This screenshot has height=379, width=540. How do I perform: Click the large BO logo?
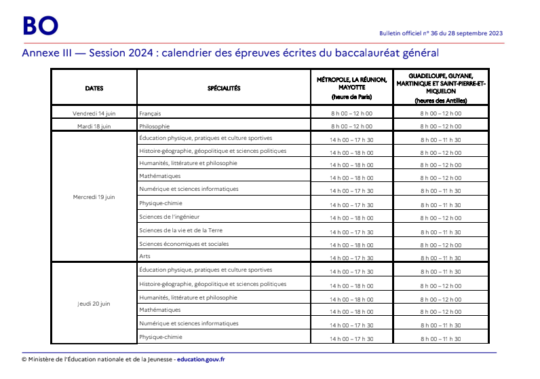(40, 25)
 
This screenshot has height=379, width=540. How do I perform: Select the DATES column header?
(94, 88)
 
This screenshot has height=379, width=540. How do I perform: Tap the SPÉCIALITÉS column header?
(224, 88)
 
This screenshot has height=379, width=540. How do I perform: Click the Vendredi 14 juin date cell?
(94, 113)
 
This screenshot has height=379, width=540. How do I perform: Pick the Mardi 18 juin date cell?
(94, 126)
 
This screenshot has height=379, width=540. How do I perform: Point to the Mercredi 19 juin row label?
(94, 197)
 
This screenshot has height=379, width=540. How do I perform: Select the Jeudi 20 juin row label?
(94, 304)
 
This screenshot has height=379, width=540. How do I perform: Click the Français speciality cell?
(150, 113)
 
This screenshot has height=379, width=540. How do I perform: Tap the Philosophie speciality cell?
(154, 126)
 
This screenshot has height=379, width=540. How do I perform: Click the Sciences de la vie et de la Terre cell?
(180, 230)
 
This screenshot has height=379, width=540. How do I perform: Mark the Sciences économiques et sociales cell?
(184, 244)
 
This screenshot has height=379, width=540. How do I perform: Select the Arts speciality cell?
(144, 256)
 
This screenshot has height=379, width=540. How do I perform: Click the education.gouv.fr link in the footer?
(201, 359)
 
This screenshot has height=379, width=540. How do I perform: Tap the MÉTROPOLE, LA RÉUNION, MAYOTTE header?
(351, 84)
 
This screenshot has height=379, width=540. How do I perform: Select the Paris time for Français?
(351, 113)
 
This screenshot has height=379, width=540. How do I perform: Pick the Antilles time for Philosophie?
(440, 126)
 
